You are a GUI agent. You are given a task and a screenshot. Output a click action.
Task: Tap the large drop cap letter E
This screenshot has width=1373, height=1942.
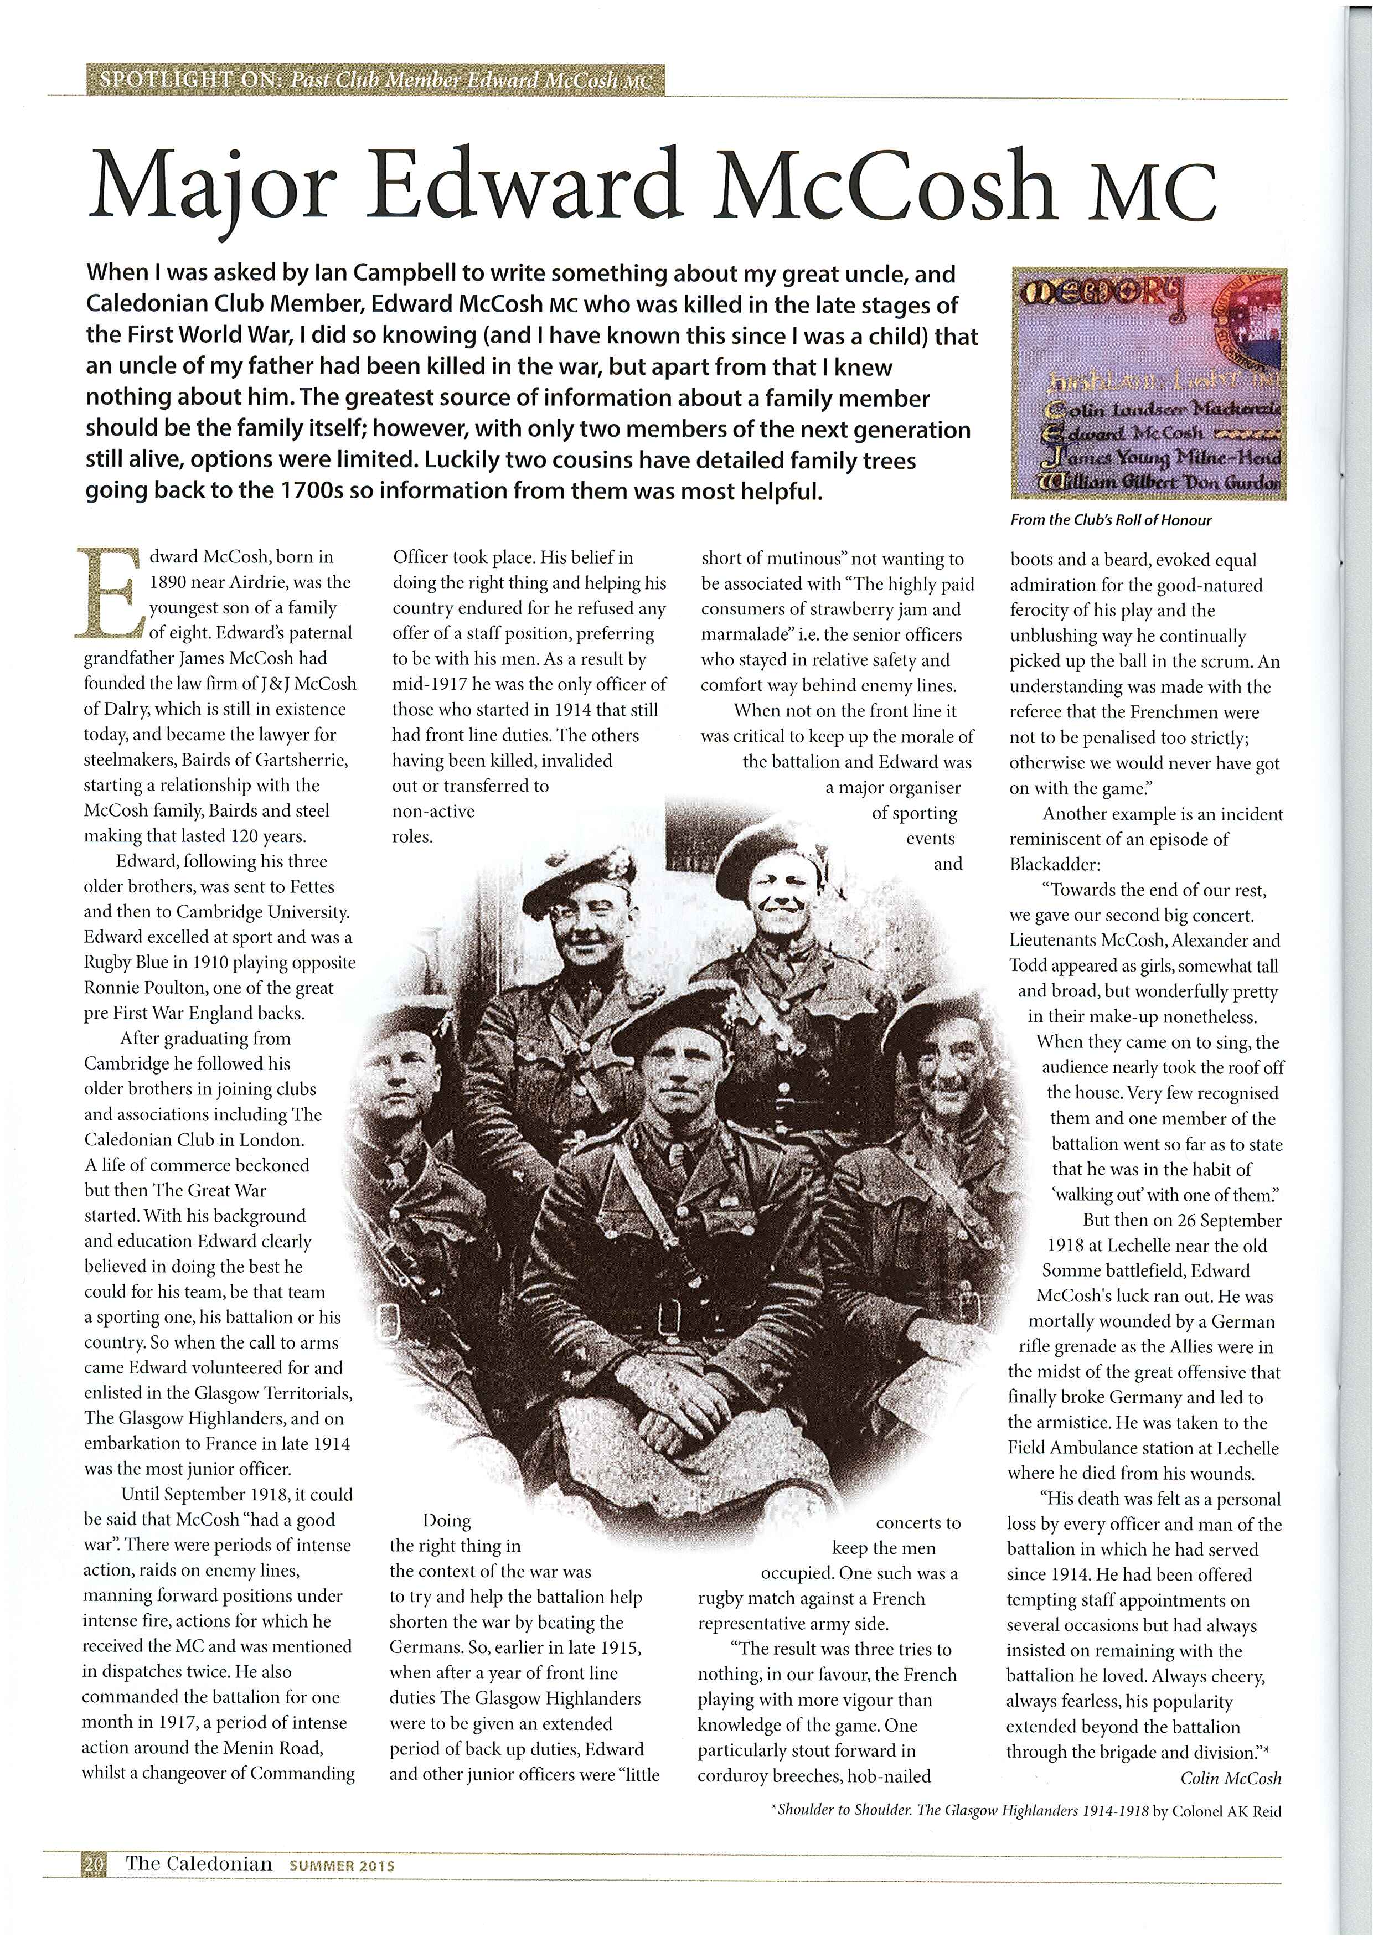(107, 596)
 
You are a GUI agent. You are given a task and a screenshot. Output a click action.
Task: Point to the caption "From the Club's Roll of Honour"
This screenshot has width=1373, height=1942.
(1110, 520)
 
